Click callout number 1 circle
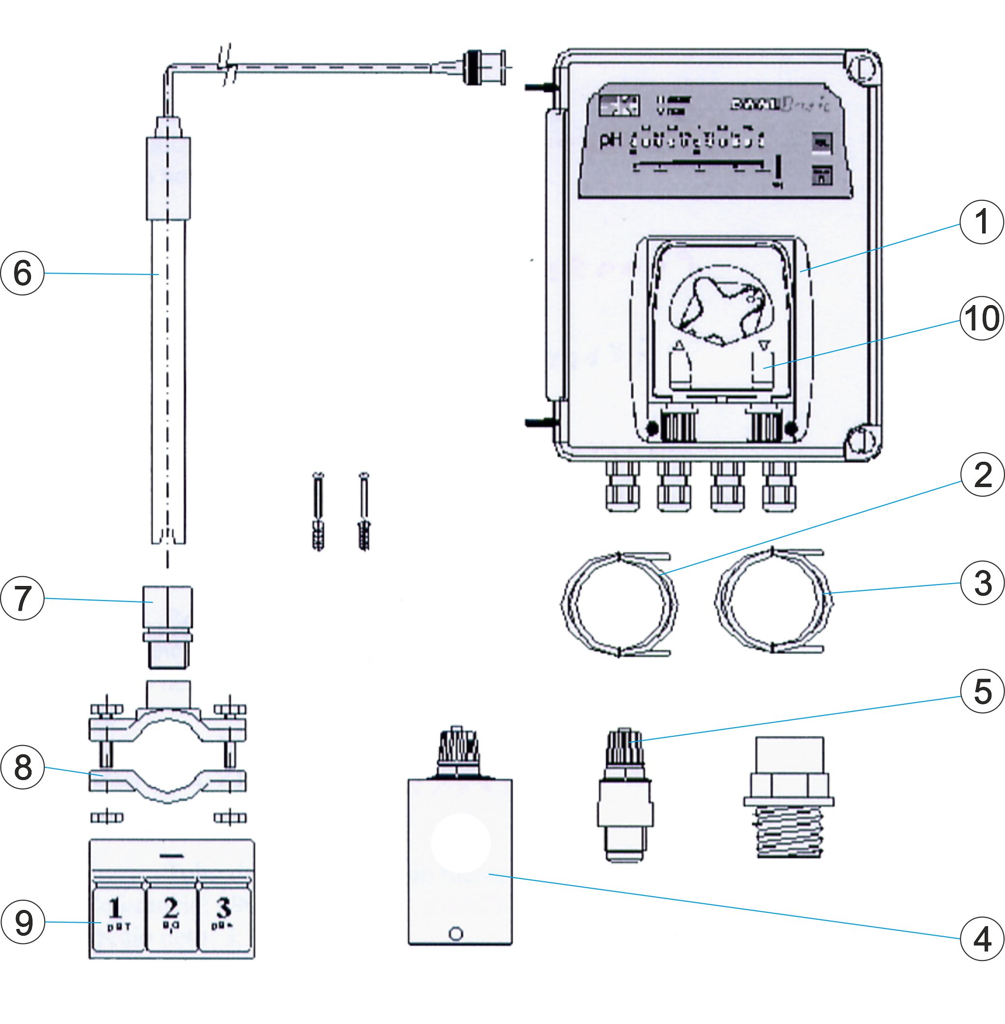pos(981,222)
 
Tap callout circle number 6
pos(22,273)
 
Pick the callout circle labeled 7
pos(22,598)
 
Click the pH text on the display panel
pos(611,141)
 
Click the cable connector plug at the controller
pos(483,67)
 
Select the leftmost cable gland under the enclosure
pos(621,489)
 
